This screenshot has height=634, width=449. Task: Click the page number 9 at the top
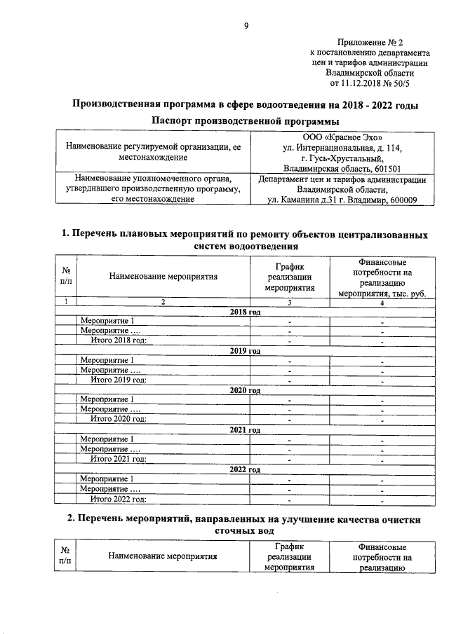(x=246, y=27)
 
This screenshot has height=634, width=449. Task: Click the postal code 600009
(x=401, y=200)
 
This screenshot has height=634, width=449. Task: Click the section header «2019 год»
(x=246, y=350)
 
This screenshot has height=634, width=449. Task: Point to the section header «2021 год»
(x=246, y=429)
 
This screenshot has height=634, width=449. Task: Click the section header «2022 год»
(x=246, y=469)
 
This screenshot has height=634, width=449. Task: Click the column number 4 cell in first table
(x=382, y=302)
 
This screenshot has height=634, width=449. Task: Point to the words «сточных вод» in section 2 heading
(x=243, y=531)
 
